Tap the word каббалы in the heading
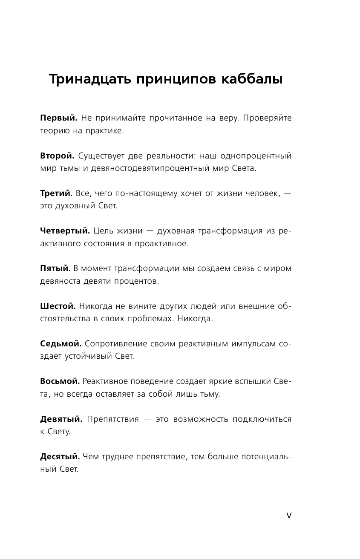click(252, 80)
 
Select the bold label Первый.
click(58, 118)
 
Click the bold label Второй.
click(57, 156)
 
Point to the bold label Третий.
click(56, 193)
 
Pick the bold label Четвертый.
click(65, 231)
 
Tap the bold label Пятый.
click(55, 268)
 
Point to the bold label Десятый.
click(60, 457)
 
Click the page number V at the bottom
click(289, 516)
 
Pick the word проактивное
click(164, 244)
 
